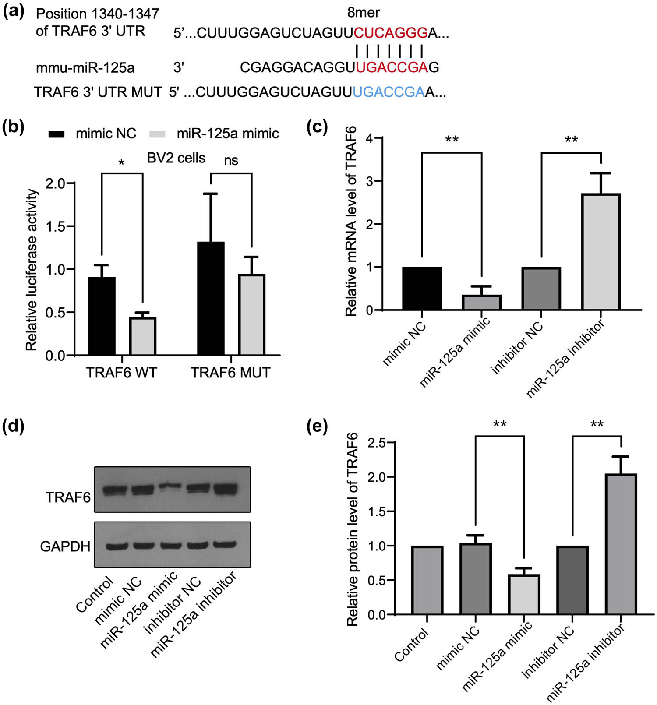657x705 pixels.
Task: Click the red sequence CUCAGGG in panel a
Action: (x=391, y=33)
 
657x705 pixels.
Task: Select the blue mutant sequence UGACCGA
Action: (x=389, y=92)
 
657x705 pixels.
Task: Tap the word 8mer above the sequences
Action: (x=363, y=12)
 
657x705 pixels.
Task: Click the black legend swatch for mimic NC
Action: (x=57, y=134)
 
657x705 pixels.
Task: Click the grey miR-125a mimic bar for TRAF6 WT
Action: (x=143, y=336)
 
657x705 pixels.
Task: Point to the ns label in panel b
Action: (x=231, y=161)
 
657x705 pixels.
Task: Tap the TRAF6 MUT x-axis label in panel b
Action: (x=230, y=373)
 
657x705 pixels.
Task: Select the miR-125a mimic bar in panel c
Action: (x=481, y=303)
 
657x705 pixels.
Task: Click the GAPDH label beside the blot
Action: (x=65, y=546)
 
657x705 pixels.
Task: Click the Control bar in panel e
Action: (x=427, y=580)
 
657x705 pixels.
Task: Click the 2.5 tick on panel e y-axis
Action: (x=377, y=443)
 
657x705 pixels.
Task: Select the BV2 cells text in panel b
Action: (x=176, y=158)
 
